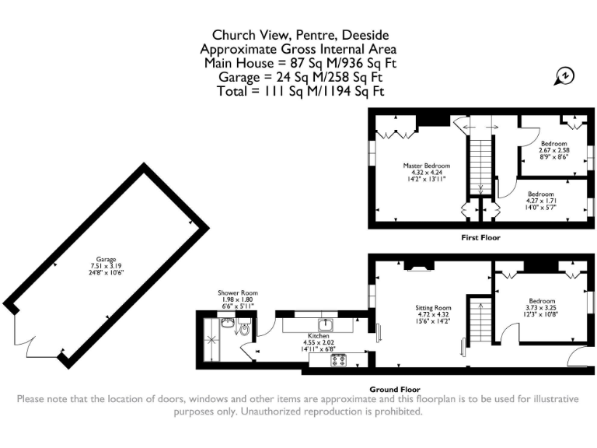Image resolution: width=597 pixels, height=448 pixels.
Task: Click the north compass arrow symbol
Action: [564, 75]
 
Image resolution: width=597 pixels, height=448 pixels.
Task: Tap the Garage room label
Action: [106, 259]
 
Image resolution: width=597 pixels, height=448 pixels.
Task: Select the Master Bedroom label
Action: [427, 166]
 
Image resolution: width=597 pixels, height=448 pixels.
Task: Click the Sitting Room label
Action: [433, 308]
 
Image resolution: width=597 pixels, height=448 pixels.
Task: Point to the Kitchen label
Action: [318, 336]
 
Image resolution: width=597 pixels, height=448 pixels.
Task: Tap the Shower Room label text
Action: [238, 293]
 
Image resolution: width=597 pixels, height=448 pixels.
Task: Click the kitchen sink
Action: [326, 325]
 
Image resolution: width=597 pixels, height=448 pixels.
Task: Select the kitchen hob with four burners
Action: [338, 360]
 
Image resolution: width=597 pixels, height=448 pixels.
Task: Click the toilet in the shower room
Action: [245, 328]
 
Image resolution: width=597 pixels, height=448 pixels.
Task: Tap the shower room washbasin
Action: [228, 323]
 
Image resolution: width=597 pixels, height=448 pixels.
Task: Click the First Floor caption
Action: [480, 238]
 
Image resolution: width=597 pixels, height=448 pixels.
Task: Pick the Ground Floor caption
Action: [395, 390]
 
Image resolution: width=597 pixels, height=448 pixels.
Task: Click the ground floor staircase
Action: [480, 320]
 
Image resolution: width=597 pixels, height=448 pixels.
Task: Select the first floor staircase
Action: [480, 167]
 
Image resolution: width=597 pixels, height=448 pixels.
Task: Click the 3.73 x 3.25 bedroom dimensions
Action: [541, 308]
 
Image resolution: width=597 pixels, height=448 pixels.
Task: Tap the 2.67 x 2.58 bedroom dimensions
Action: [554, 150]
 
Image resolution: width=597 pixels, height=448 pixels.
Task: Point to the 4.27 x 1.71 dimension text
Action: [541, 201]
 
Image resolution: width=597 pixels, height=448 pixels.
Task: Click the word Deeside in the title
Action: [365, 35]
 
